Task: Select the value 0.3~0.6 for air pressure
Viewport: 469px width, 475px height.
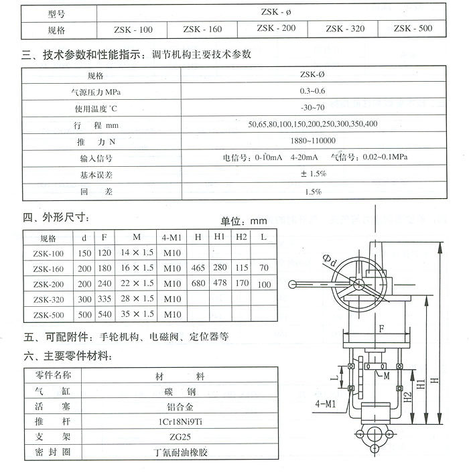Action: [313, 90]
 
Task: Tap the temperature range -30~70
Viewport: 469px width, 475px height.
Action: [313, 108]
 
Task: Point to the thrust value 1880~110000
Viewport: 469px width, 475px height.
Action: [313, 141]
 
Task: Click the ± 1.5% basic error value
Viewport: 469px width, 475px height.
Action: [313, 174]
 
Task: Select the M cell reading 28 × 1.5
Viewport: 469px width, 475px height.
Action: [137, 299]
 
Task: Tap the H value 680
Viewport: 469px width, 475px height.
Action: [198, 283]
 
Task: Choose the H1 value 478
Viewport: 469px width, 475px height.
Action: [220, 283]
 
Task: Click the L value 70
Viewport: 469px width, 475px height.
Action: [263, 268]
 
